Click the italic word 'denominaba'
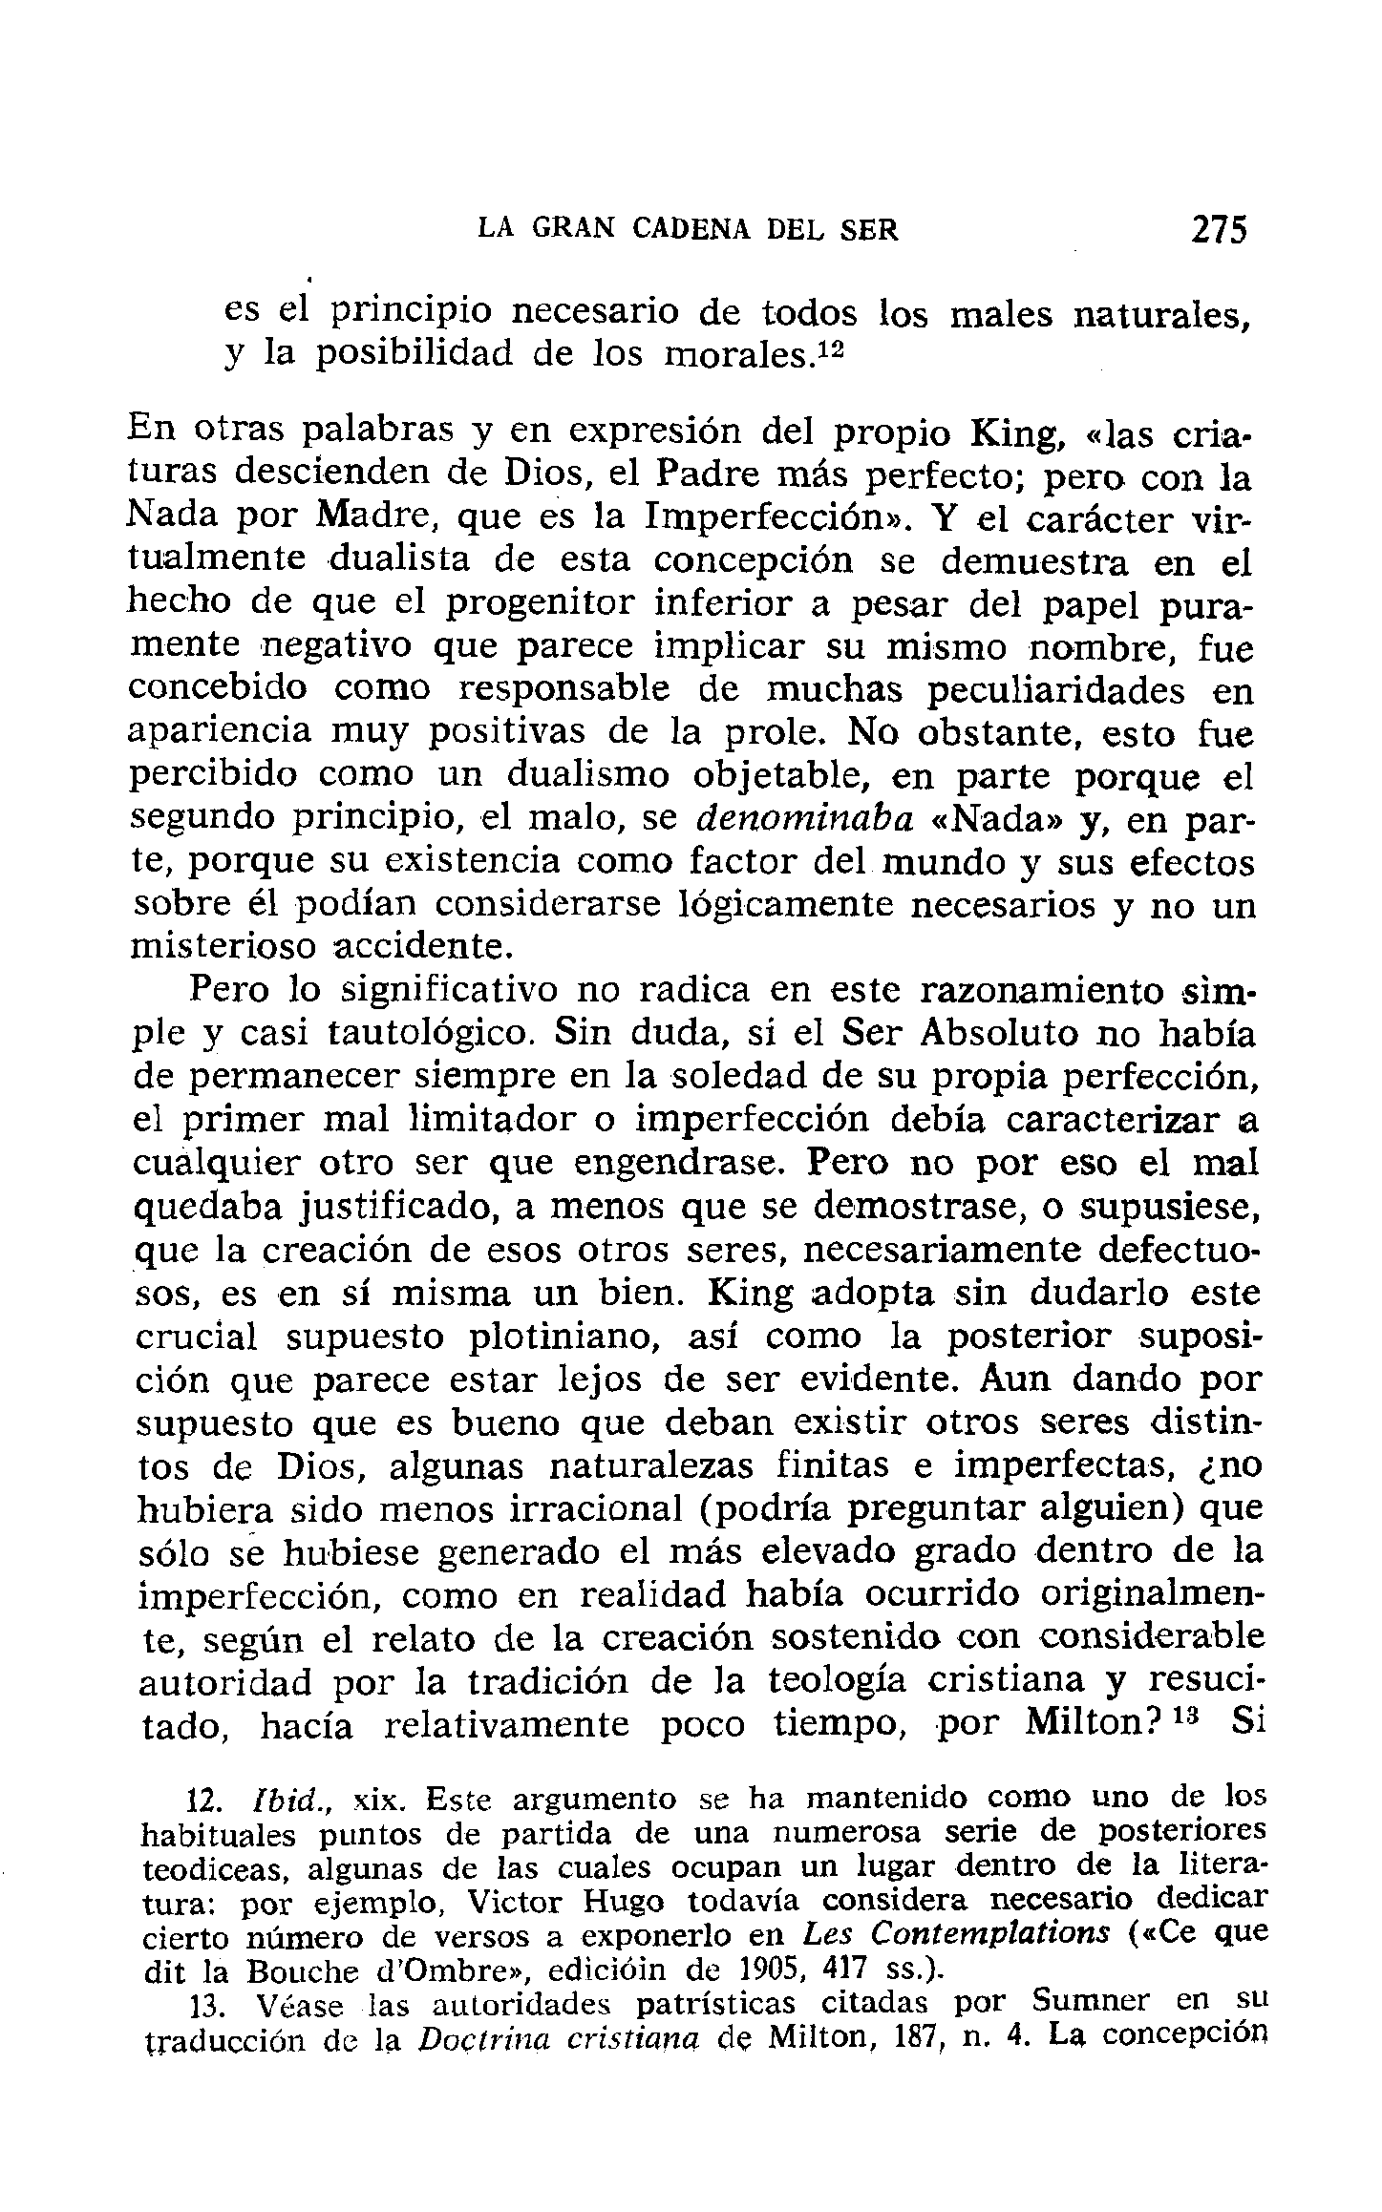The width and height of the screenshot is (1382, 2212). (805, 818)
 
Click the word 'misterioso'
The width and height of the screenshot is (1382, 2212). (223, 945)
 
